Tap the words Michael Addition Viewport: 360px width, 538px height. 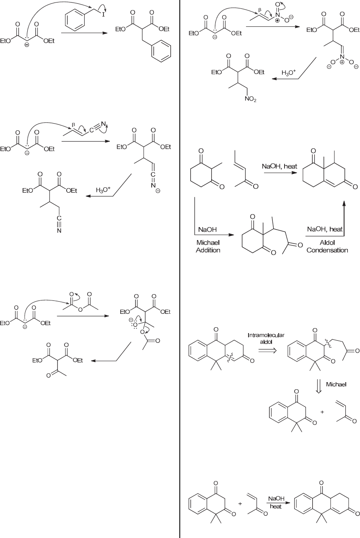[x=208, y=246]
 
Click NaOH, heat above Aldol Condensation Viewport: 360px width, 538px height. [x=325, y=230]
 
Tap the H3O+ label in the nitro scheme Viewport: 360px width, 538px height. [x=288, y=73]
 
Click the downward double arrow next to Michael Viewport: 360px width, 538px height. [x=319, y=385]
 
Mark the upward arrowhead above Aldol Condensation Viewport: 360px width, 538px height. [x=343, y=203]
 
